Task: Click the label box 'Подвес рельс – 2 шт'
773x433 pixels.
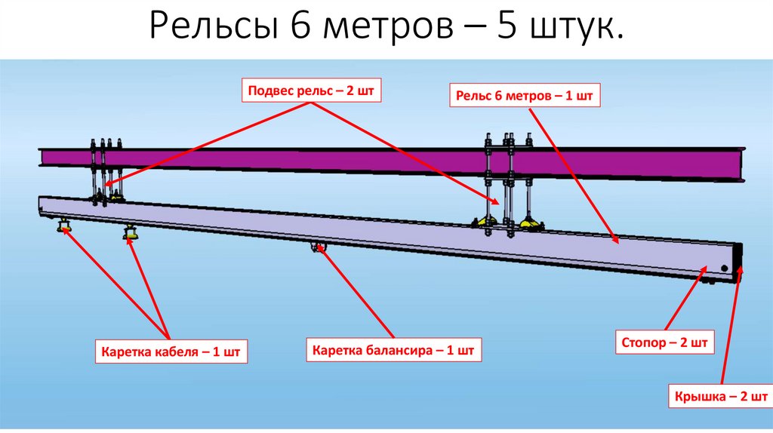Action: [x=310, y=91]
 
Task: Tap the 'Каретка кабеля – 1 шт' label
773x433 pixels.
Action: [x=171, y=352]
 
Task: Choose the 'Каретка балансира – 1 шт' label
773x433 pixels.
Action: [x=393, y=351]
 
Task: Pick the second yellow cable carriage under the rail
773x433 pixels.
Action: [x=131, y=233]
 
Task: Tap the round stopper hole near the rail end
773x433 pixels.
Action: [x=723, y=269]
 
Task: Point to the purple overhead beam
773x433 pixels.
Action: [x=302, y=160]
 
